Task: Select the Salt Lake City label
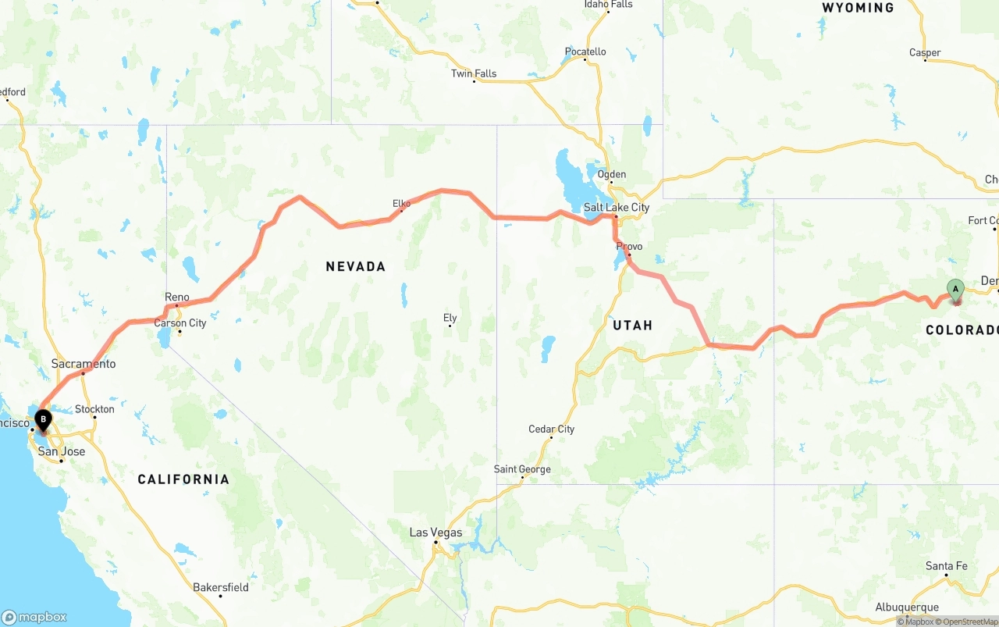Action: pos(617,208)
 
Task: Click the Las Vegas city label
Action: pos(436,533)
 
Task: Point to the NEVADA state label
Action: pos(356,267)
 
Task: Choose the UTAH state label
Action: pos(632,325)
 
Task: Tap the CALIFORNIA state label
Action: pos(183,479)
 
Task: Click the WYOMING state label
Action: pos(858,8)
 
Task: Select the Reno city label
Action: pos(177,297)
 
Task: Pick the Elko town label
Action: pos(401,204)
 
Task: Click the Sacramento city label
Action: pos(84,364)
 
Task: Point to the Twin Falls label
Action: pos(474,74)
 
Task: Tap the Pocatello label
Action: pos(585,52)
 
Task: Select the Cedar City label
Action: pos(551,429)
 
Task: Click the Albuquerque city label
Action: pos(907,607)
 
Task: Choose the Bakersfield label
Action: pos(221,587)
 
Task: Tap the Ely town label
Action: pos(450,318)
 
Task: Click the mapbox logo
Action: pos(34,617)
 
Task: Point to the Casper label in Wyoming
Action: pos(925,53)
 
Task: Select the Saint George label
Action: pos(522,469)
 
